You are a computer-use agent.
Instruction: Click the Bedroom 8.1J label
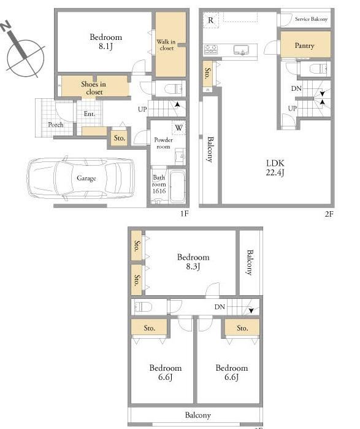coord(105,41)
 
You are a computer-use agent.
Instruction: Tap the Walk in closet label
coord(166,45)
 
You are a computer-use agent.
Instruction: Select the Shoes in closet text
coord(93,88)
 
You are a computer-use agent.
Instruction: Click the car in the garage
coord(81,178)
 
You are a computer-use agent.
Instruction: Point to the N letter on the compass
coord(5,26)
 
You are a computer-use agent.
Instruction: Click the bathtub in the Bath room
coord(177,187)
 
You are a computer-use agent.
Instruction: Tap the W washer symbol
coord(178,128)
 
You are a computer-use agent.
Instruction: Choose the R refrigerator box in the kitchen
coord(211,20)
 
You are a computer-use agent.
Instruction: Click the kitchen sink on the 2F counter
coord(242,50)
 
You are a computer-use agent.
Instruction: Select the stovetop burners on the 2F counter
coord(211,49)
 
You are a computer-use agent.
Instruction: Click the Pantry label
coord(304,45)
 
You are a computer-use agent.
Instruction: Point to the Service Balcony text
coord(311,19)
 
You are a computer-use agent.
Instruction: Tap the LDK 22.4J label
coord(275,168)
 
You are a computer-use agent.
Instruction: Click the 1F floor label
coord(185,213)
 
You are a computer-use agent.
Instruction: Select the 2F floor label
coord(329,214)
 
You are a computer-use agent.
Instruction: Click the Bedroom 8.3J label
coord(193,261)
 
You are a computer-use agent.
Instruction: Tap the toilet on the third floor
coord(144,307)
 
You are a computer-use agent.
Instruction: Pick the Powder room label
coord(164,143)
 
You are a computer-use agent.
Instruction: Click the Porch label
coord(56,125)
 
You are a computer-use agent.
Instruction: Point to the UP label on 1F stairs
coord(142,109)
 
